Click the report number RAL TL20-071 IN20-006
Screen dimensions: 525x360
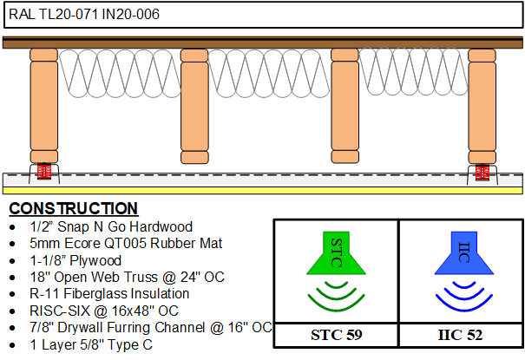(x=84, y=15)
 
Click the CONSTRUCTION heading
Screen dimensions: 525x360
(x=74, y=208)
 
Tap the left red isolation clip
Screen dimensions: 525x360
(x=44, y=171)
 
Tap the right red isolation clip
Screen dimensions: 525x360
(x=482, y=172)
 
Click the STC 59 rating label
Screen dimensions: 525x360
(x=337, y=335)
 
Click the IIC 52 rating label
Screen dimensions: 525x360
(x=461, y=335)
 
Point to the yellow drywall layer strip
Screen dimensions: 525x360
(x=262, y=190)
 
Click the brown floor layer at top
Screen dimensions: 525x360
(x=262, y=43)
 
